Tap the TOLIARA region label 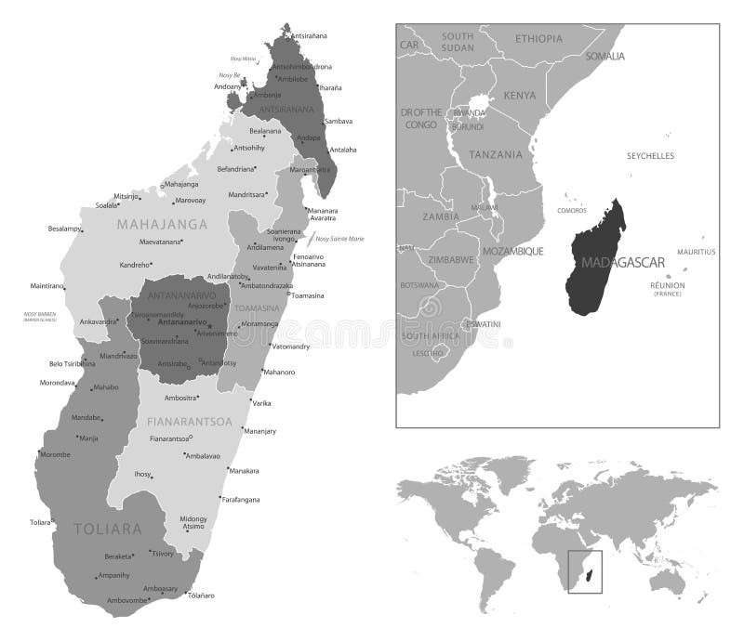point(108,530)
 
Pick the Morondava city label point(57,383)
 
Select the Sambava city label point(339,121)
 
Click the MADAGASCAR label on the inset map point(622,263)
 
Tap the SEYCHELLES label point(650,156)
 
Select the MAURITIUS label point(696,252)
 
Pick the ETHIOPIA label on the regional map point(538,38)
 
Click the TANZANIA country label point(496,154)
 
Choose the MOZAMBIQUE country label point(511,251)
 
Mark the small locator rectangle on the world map point(585,571)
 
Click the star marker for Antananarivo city point(210,324)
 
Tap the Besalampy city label point(65,228)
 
